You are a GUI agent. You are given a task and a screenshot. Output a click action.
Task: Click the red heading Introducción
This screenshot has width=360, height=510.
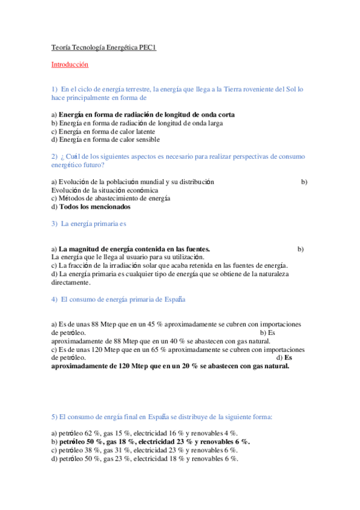pyautogui.click(x=69, y=64)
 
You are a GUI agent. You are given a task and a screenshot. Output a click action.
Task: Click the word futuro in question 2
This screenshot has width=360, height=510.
pyautogui.click(x=91, y=165)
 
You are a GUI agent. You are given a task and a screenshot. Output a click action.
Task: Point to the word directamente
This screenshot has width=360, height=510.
pyautogui.click(x=70, y=283)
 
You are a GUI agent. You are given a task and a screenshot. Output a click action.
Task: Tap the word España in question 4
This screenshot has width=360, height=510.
pyautogui.click(x=174, y=300)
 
